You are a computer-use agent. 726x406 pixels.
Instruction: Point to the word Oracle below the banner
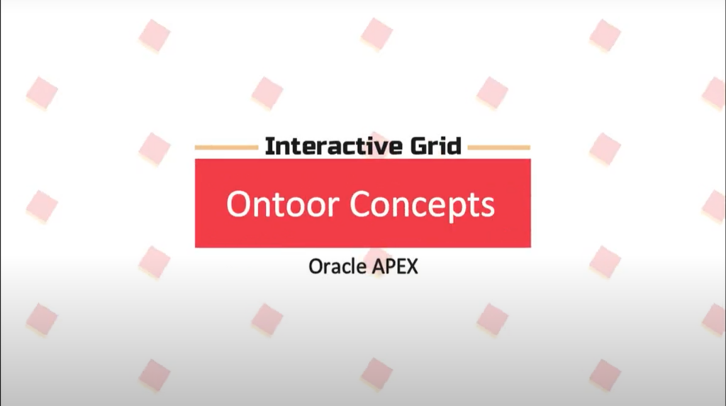click(337, 268)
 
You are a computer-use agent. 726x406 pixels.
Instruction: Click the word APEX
click(395, 268)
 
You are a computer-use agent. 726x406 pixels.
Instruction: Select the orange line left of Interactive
click(226, 148)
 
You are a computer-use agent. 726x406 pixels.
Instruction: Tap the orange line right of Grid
click(498, 148)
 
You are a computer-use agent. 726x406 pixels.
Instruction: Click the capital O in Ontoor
click(239, 204)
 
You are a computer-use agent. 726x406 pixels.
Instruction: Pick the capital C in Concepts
click(362, 204)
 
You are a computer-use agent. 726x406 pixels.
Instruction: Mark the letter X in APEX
click(411, 268)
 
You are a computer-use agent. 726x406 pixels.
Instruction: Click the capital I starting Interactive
click(269, 147)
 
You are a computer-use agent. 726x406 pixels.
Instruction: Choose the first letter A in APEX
click(377, 268)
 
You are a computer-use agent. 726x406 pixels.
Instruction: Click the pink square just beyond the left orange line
click(154, 148)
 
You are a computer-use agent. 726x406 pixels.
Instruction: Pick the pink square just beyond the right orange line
click(605, 148)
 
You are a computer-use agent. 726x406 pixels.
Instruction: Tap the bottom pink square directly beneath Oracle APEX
click(376, 373)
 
